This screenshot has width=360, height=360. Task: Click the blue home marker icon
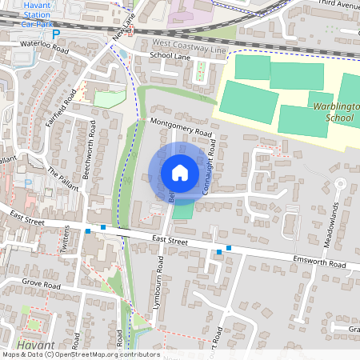pos(179,173)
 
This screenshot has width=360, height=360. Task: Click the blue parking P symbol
pos(55,34)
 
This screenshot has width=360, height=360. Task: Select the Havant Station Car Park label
pos(34,14)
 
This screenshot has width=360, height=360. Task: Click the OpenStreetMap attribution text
pos(80,354)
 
